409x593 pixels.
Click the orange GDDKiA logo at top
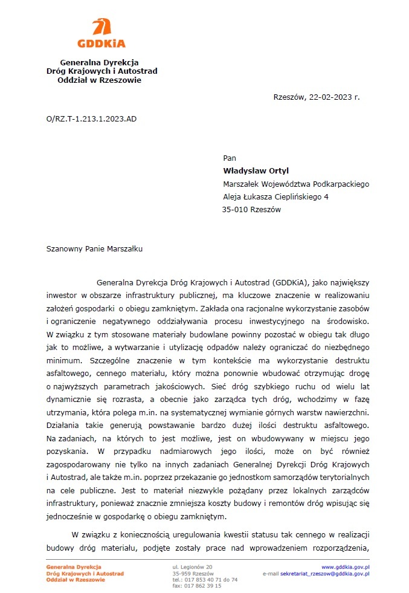click(x=101, y=33)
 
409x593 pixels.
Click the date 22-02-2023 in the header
click(x=330, y=97)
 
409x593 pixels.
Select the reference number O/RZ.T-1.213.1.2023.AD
click(x=91, y=118)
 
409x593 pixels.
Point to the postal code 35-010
click(x=236, y=210)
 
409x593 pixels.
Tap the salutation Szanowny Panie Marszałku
click(x=94, y=248)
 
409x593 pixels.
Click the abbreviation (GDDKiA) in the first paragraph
click(x=291, y=282)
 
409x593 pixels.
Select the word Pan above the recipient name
click(x=230, y=158)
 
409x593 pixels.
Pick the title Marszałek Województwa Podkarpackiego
click(x=296, y=184)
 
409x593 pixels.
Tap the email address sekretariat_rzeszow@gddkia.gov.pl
click(x=325, y=573)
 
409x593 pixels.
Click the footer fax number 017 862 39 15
click(x=205, y=585)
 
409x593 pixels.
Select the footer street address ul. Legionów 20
click(x=193, y=567)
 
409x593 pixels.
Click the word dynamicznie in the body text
click(x=68, y=400)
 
